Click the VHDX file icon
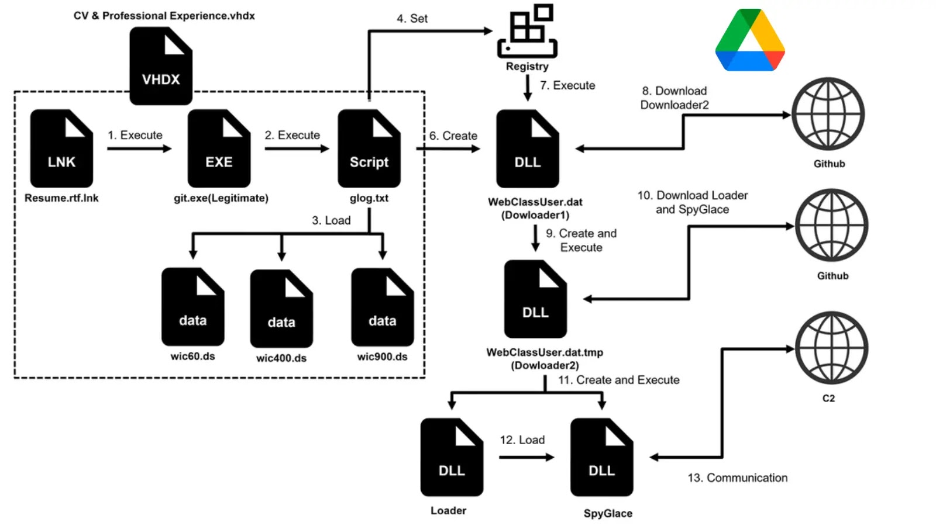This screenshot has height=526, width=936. coord(161,66)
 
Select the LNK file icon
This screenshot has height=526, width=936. coord(61,148)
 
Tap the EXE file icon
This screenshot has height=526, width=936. coord(219,148)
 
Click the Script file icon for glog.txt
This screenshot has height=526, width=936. coord(369,148)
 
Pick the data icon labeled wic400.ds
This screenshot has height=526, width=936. coord(281,309)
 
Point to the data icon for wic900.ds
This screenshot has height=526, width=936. coord(383,307)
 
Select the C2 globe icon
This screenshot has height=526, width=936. coord(831,348)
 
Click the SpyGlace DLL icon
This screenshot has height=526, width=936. coord(602,457)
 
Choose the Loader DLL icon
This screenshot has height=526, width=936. coord(452,457)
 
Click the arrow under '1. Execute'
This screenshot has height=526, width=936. coord(139,149)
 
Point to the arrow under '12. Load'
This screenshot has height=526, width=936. coord(526,457)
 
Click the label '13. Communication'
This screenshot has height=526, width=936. coord(737,477)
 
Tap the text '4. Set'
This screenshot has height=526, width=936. coord(412,18)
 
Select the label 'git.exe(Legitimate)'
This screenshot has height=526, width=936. coord(221,198)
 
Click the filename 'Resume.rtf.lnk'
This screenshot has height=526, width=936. coord(61,198)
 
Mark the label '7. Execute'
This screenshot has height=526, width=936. coord(567,85)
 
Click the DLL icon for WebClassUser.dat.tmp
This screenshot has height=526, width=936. coord(535,299)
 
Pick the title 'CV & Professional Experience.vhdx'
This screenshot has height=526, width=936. coord(164,16)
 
